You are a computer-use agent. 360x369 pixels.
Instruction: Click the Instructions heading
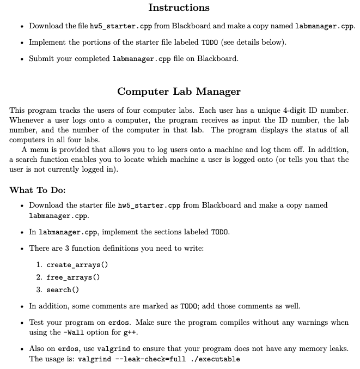click(x=179, y=8)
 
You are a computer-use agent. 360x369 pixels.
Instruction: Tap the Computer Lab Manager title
click(x=179, y=91)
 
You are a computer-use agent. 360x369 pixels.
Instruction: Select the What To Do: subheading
click(x=38, y=190)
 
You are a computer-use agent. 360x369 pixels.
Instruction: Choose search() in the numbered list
click(x=63, y=289)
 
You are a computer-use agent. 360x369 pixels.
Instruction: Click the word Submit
click(x=41, y=58)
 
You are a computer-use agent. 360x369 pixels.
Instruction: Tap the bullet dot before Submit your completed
click(x=20, y=59)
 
